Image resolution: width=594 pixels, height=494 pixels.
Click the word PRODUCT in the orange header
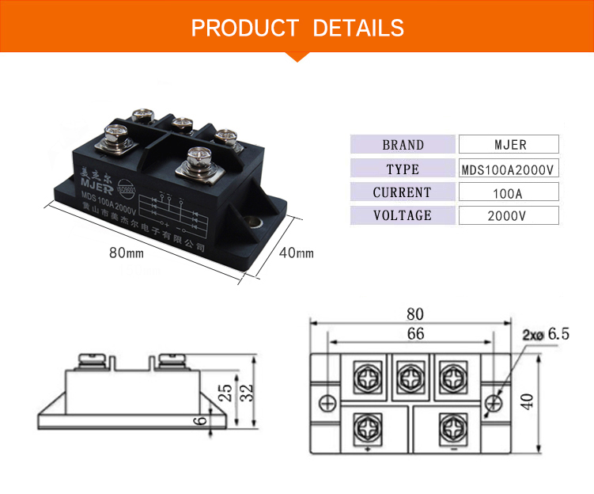pyautogui.click(x=244, y=29)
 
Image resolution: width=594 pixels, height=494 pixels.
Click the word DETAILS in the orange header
pyautogui.click(x=358, y=29)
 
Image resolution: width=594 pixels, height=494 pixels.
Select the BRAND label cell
pyautogui.click(x=403, y=145)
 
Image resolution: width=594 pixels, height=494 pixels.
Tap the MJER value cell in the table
pyautogui.click(x=509, y=145)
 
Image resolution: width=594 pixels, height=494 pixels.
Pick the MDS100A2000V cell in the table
pyautogui.click(x=509, y=169)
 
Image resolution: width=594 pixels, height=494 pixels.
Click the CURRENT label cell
pyautogui.click(x=403, y=192)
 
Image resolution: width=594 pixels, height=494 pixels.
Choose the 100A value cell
pyautogui.click(x=509, y=192)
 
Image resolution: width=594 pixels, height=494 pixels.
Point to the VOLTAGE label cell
pyautogui.click(x=403, y=215)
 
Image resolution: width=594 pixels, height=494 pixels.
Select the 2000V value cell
pyautogui.click(x=509, y=215)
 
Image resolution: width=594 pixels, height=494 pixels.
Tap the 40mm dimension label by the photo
pyautogui.click(x=297, y=253)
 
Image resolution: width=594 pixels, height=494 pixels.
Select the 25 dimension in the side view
pyautogui.click(x=224, y=393)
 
